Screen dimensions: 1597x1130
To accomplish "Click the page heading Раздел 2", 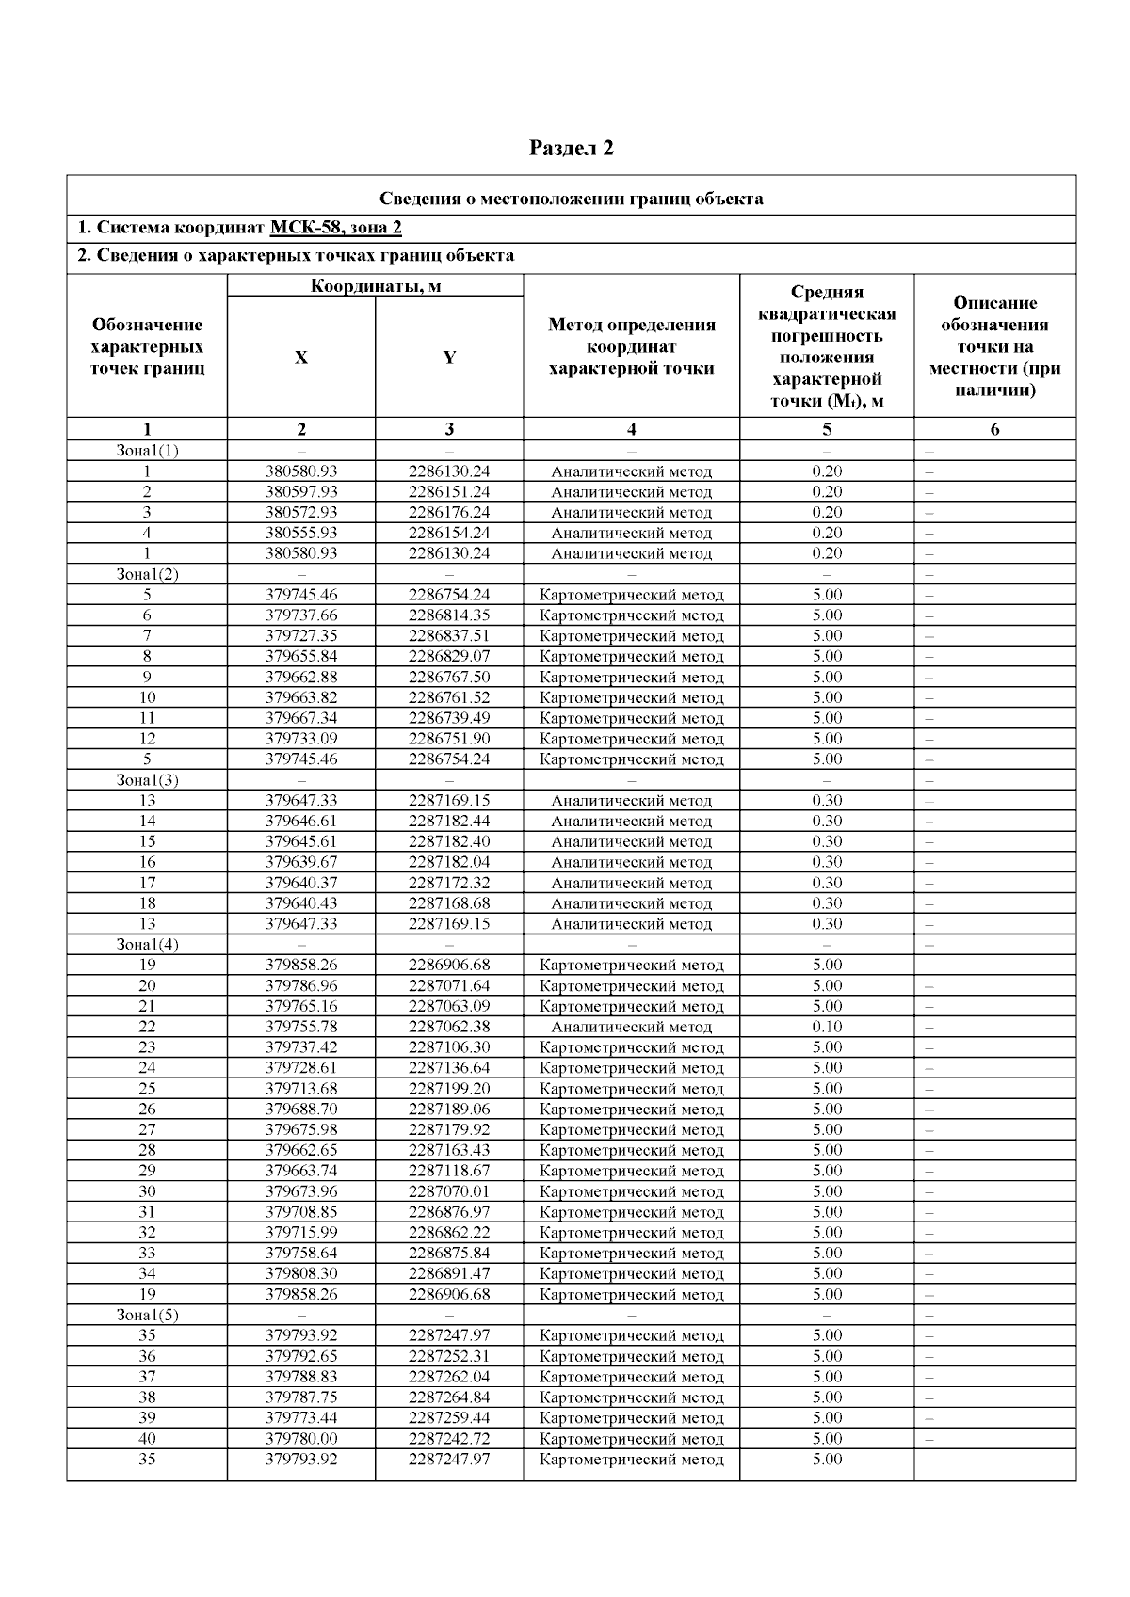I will point(571,148).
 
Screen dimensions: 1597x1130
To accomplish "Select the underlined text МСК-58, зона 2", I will point(336,228).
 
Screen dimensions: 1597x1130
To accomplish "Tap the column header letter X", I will point(300,358).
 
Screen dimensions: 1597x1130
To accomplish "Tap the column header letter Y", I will point(449,358).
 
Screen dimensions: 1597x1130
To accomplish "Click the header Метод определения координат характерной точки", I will point(631,346).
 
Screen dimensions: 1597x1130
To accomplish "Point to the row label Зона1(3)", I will point(147,780).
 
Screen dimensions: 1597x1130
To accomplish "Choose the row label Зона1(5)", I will point(147,1315).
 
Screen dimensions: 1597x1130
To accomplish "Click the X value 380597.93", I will point(300,492).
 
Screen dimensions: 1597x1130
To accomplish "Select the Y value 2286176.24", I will point(449,513).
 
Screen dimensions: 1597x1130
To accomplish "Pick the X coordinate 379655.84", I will point(300,657).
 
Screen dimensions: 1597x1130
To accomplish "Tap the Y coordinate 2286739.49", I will point(449,718).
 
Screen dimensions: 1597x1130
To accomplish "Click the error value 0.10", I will point(827,1027).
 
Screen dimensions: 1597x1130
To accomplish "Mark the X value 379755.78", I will point(300,1027).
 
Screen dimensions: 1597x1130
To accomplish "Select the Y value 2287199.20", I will point(449,1089).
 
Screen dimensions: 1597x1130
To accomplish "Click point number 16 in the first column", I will point(147,862).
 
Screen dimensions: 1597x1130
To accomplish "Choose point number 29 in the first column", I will point(147,1171).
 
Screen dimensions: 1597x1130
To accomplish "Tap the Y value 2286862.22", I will point(449,1233).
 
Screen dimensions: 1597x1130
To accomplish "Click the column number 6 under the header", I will point(994,430).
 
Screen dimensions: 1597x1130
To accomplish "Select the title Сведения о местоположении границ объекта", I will point(571,199).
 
